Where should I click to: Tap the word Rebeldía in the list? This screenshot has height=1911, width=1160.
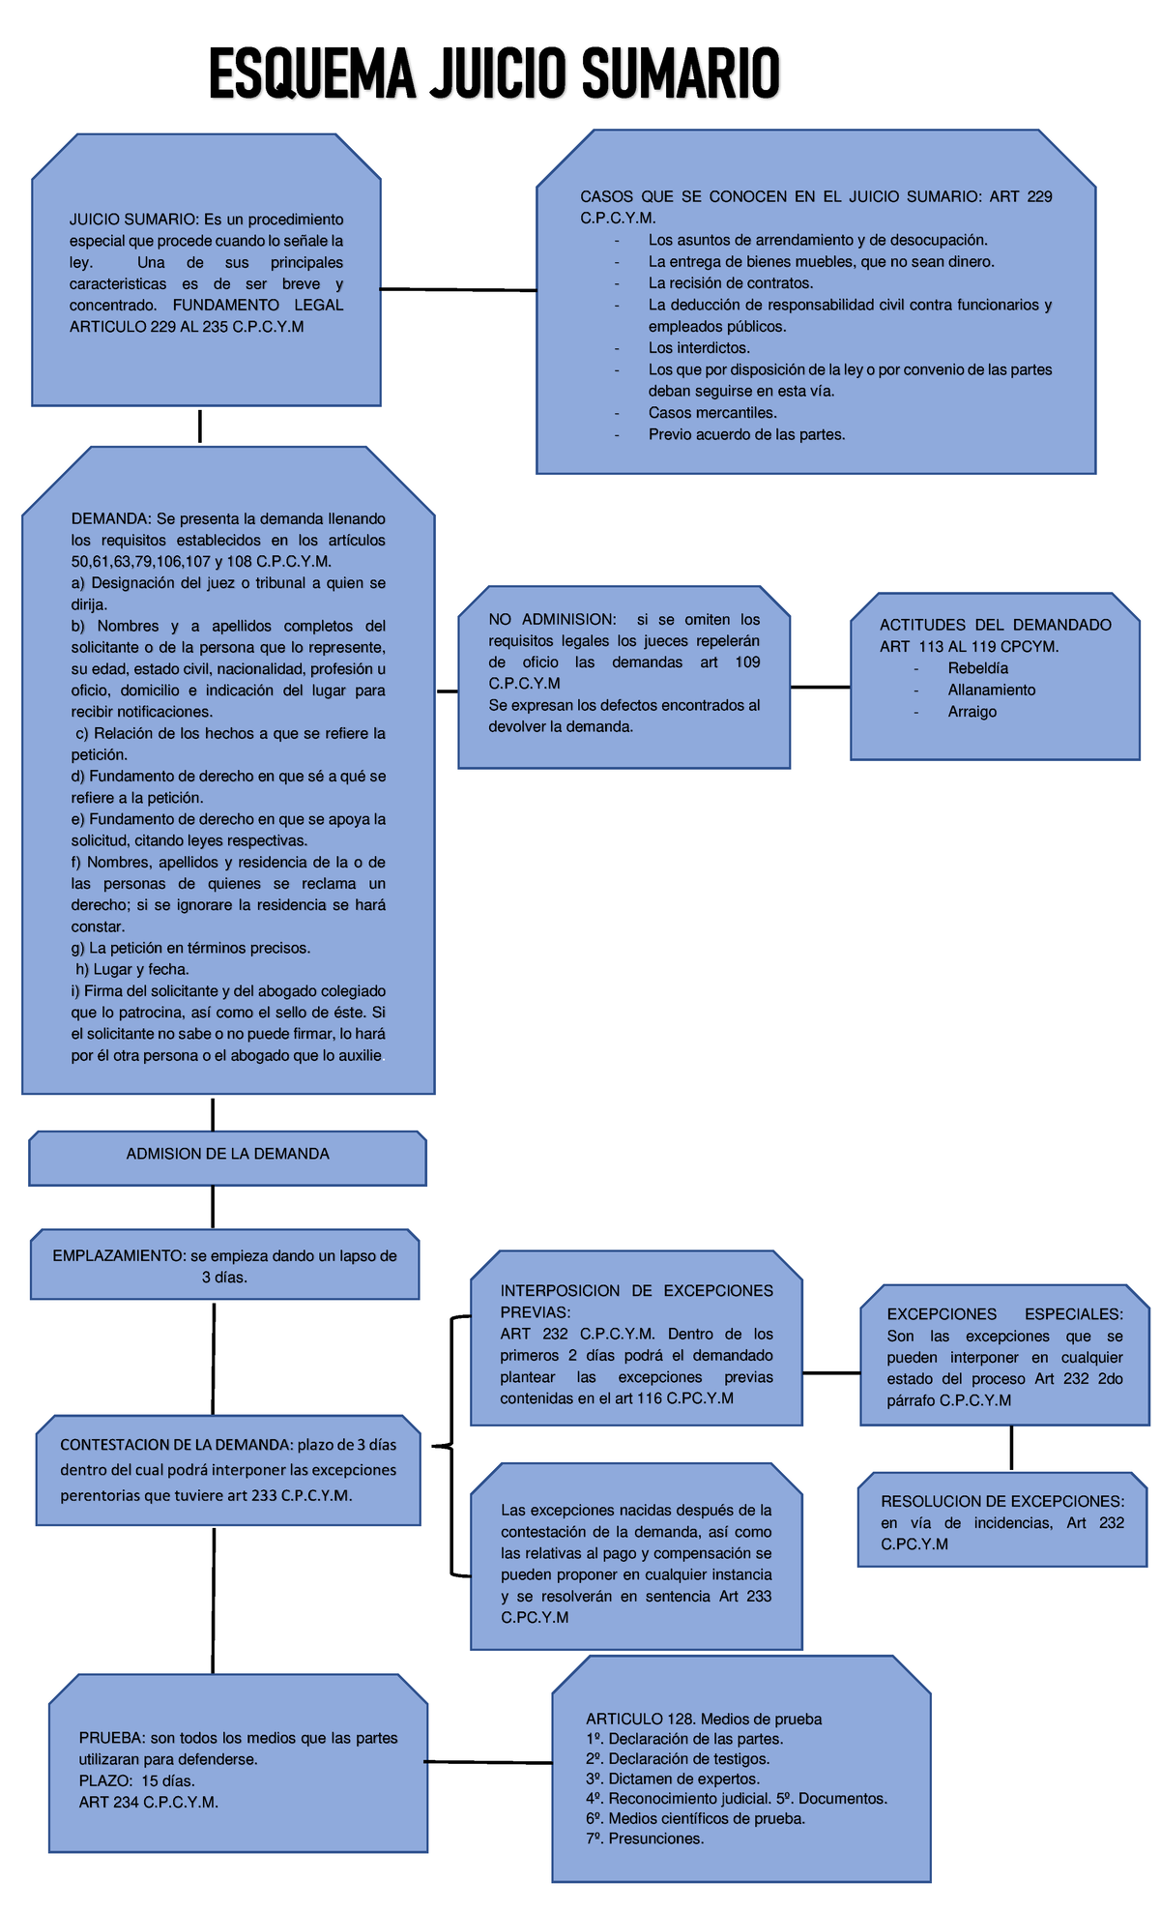[977, 668]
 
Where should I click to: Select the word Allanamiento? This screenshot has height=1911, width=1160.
[991, 691]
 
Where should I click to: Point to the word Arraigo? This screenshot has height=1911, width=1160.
[971, 712]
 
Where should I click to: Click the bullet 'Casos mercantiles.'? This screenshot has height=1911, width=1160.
[712, 413]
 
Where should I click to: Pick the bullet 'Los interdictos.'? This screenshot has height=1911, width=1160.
[699, 348]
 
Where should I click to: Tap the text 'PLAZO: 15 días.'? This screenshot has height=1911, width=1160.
[136, 1780]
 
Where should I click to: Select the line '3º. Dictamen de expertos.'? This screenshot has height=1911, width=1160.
[673, 1779]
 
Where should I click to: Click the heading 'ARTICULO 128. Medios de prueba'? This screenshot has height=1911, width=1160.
[704, 1719]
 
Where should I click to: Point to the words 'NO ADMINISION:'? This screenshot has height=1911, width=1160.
[552, 620]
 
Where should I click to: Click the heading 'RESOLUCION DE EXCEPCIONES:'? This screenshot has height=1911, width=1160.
[1002, 1502]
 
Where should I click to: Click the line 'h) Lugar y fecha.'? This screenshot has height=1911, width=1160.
[131, 969]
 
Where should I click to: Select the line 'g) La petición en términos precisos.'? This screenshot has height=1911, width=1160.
[190, 948]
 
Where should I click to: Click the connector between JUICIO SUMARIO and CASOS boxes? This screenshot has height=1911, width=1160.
[458, 289]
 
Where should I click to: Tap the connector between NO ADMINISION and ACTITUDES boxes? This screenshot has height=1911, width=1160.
[820, 688]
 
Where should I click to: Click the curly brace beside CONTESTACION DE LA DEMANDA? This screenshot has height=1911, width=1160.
[450, 1446]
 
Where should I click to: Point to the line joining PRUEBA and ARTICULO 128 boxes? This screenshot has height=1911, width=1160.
[489, 1762]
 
